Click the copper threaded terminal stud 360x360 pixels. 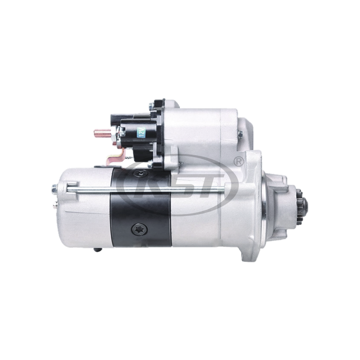(99, 133)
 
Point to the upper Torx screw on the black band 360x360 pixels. (140, 173)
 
